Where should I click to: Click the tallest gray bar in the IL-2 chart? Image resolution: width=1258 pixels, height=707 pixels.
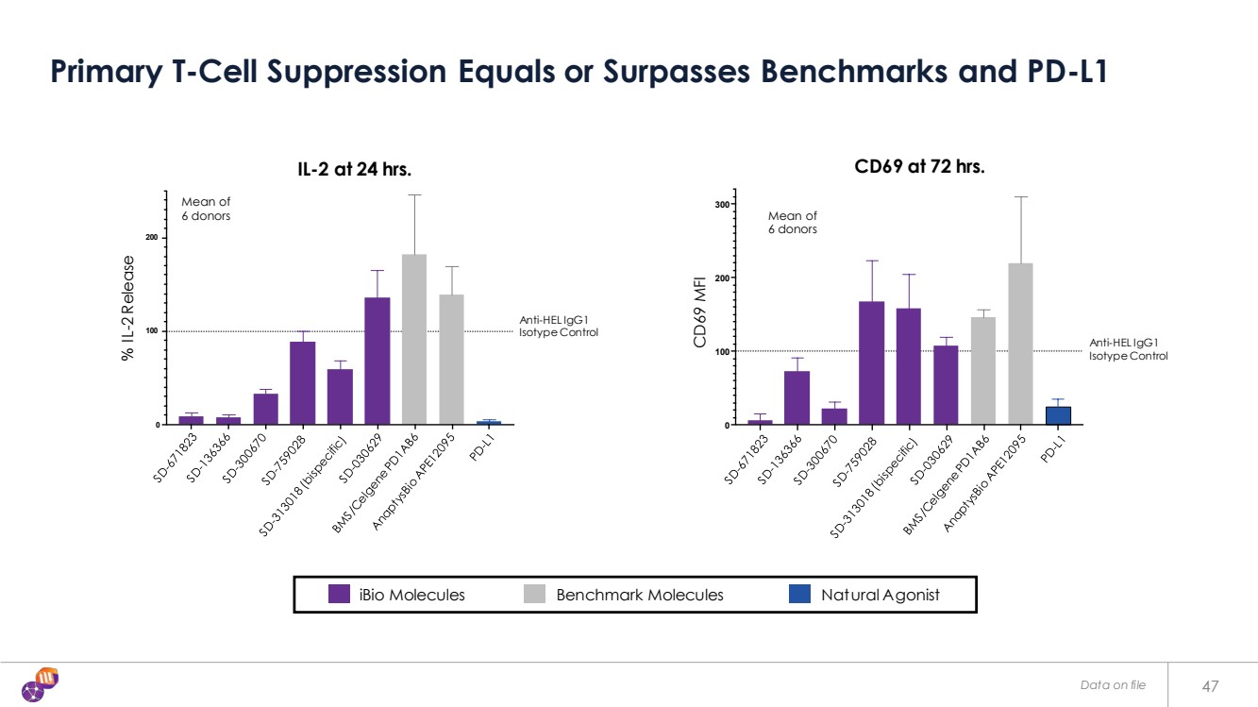pos(414,340)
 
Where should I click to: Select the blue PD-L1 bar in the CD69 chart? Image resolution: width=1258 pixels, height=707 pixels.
pos(1058,415)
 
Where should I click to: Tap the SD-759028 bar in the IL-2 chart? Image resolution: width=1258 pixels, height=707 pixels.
pos(302,382)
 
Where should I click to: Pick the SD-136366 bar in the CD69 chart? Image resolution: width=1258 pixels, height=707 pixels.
pos(797,397)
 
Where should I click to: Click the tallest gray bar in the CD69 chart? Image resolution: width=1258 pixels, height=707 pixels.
pos(1020,344)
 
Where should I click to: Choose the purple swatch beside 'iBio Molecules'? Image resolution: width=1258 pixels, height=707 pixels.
pos(340,595)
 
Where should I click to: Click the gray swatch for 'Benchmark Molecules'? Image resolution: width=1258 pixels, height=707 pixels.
pos(534,595)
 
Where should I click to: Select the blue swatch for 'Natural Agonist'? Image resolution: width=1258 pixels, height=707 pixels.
pos(798,595)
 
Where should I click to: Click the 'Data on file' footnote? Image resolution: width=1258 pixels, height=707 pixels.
pos(1113,685)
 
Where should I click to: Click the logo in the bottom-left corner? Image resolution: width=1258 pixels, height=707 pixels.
pos(41,684)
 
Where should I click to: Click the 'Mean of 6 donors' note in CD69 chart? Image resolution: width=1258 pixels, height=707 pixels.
pos(792,223)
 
